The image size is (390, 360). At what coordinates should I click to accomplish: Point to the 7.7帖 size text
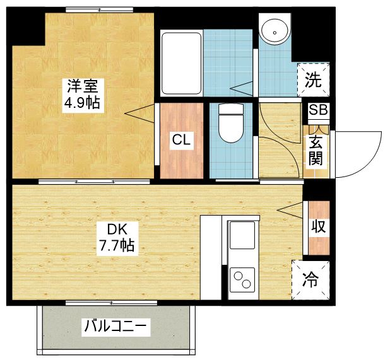[115, 245]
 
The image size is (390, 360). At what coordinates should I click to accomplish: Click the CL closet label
[182, 140]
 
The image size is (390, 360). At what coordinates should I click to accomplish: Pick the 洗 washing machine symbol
[314, 80]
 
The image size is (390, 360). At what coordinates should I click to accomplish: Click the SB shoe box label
[318, 110]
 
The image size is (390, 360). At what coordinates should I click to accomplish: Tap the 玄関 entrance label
[316, 150]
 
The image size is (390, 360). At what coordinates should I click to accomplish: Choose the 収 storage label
[318, 226]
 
